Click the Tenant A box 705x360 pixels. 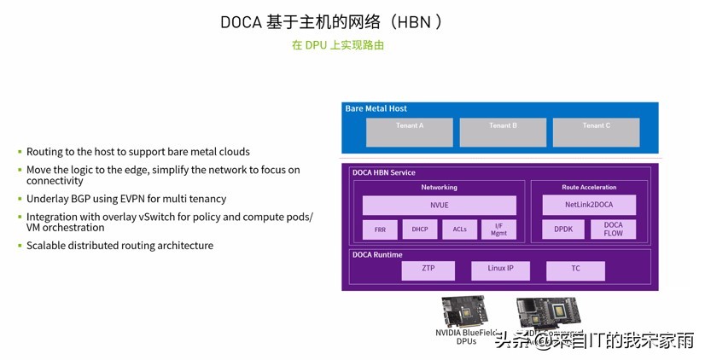(x=409, y=131)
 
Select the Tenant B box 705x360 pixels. (x=502, y=131)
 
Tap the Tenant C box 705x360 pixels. (x=596, y=131)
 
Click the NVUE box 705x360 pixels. (x=439, y=206)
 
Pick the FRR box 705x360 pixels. (x=380, y=229)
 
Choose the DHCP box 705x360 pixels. (x=419, y=229)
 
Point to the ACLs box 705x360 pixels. (x=459, y=229)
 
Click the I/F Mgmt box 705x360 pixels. (x=498, y=229)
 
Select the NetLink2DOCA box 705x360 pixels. (x=589, y=205)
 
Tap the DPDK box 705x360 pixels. (x=564, y=229)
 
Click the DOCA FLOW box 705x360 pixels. (x=614, y=229)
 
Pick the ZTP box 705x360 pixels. (x=428, y=270)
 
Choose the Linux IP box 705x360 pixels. (x=501, y=270)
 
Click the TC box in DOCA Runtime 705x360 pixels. (x=576, y=270)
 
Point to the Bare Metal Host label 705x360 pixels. (x=376, y=109)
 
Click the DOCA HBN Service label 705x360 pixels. (x=384, y=173)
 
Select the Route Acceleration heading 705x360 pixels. (x=589, y=187)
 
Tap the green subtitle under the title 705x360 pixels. (x=338, y=45)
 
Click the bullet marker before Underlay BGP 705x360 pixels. (x=20, y=199)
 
